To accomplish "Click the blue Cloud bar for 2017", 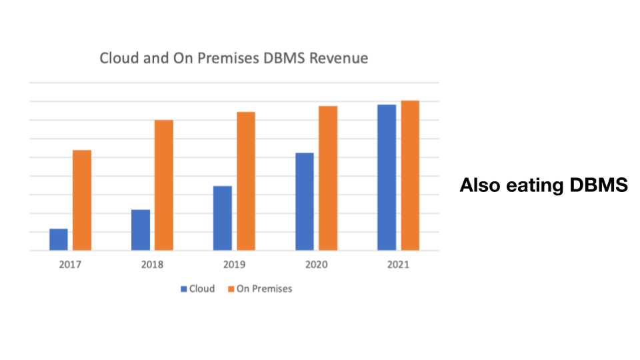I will point(59,239).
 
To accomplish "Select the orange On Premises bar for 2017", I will point(82,200).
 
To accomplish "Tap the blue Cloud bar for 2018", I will point(141,230).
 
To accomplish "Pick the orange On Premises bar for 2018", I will point(164,185).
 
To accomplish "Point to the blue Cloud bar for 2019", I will point(223,218).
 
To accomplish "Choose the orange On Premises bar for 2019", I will point(246,181).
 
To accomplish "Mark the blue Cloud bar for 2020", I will point(305,201).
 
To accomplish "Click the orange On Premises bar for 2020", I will point(328,178).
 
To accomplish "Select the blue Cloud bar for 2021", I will point(387,177).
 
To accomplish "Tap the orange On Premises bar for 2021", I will point(410,175).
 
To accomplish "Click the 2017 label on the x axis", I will point(70,265).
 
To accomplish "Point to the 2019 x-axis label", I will point(234,265).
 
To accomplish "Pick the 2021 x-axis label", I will point(398,265).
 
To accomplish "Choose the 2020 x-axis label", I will point(316,265).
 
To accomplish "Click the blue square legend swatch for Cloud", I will point(183,289).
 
